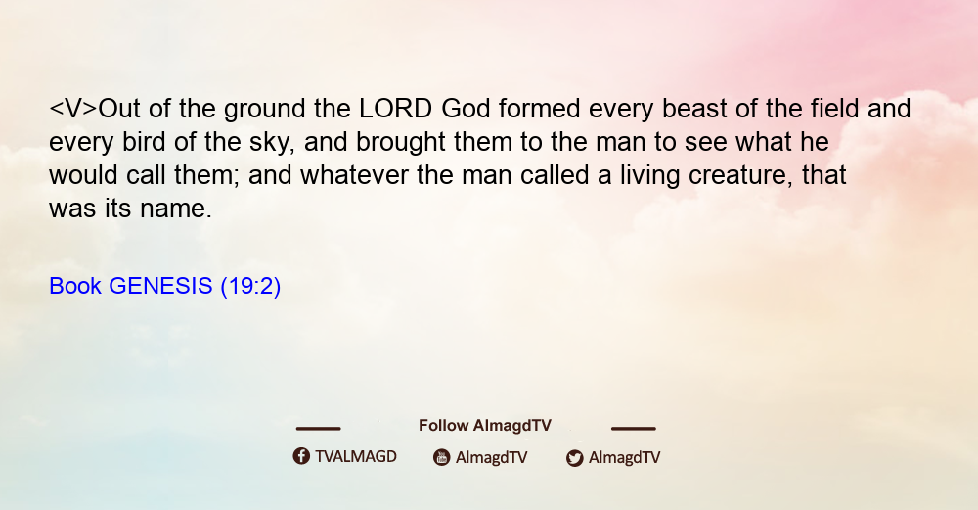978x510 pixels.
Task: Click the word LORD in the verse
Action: (x=395, y=109)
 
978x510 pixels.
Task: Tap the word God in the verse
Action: (x=466, y=109)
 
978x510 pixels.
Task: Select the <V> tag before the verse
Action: (x=73, y=109)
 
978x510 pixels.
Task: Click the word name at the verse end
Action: (x=176, y=209)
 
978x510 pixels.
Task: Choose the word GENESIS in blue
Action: (x=161, y=286)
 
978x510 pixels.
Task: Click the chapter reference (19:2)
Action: (x=250, y=287)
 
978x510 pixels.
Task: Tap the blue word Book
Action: (x=75, y=286)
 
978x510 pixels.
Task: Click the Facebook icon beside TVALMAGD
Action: (x=301, y=456)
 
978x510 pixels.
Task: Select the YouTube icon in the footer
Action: (x=442, y=457)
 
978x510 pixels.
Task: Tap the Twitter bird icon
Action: (x=574, y=458)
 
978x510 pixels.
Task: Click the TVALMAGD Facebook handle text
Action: (x=356, y=456)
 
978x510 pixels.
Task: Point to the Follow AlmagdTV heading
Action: (x=485, y=425)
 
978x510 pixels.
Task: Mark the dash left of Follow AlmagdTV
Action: (x=318, y=428)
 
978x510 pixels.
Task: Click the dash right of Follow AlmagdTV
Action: (x=634, y=428)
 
